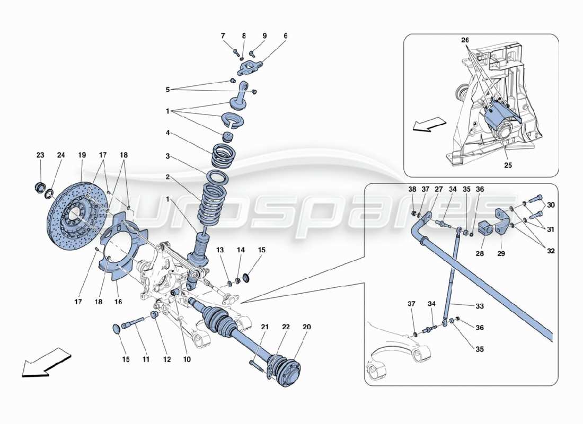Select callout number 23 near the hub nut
[x=41, y=155]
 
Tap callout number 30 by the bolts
[x=551, y=205]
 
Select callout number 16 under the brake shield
[x=118, y=302]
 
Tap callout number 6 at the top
[x=285, y=36]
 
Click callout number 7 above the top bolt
[x=223, y=36]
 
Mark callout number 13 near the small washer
[x=220, y=250]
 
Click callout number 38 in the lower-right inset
[x=412, y=189]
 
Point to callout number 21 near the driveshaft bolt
[x=264, y=326]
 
